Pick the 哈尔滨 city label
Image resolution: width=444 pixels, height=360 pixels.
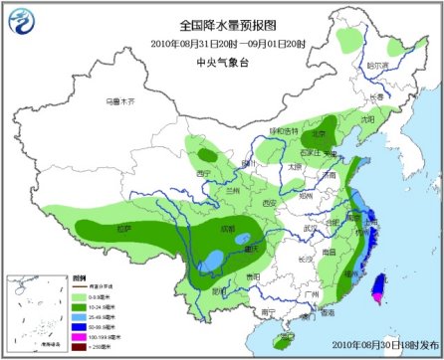coord(377,65)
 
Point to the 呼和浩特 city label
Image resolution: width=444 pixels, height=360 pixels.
coord(283,130)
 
